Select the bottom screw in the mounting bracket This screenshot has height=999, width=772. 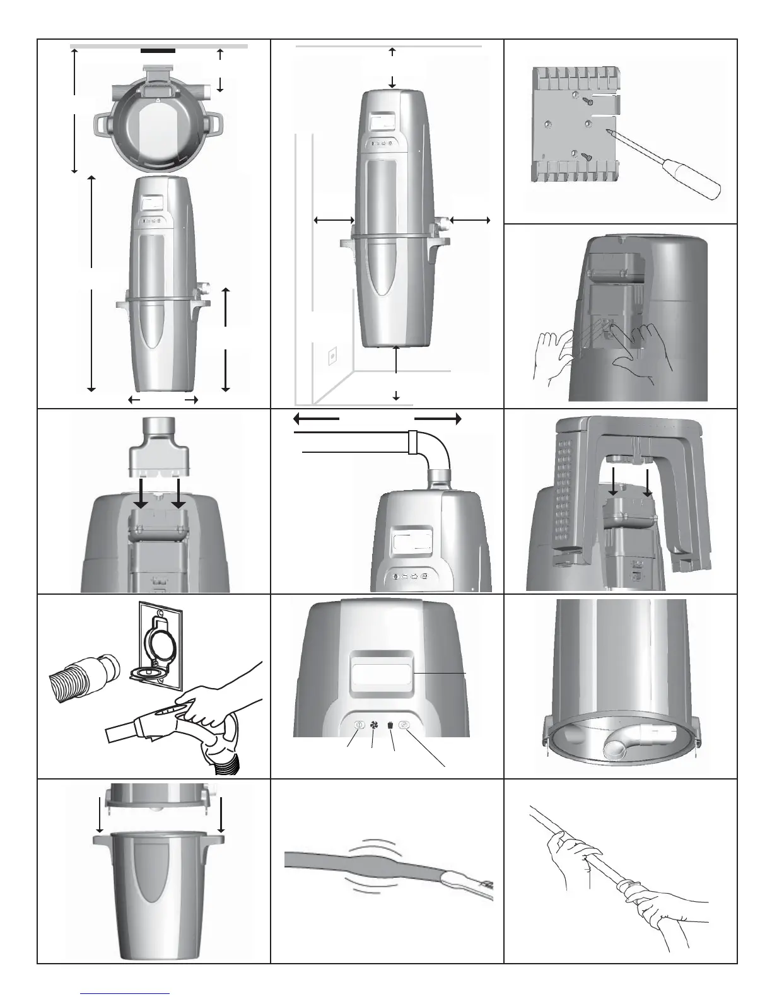point(586,157)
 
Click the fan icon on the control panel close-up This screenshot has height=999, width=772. point(374,725)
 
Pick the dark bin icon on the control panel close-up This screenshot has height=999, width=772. point(390,725)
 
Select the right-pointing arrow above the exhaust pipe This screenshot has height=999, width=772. point(438,418)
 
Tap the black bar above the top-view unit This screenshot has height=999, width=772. point(158,50)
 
